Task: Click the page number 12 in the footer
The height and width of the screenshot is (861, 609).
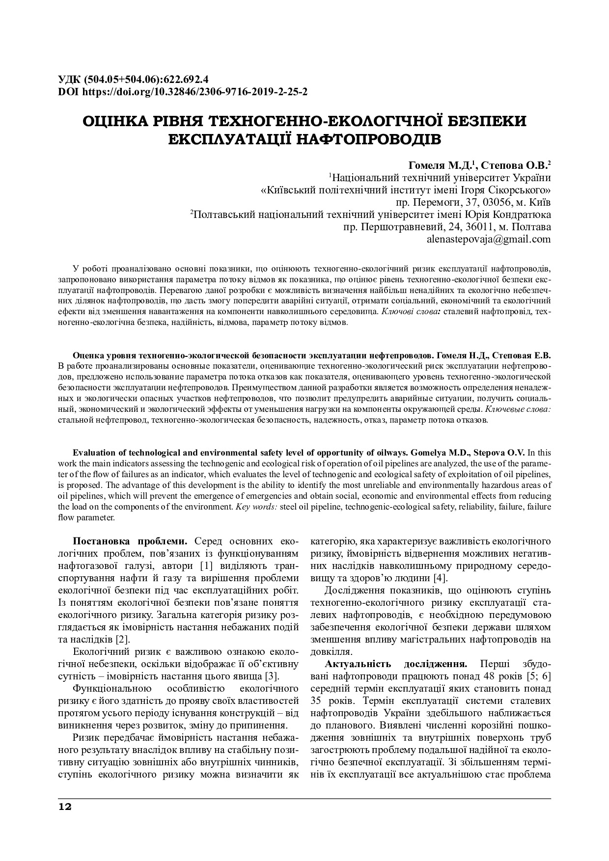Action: point(65,807)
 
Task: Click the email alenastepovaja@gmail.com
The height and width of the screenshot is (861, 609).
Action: point(489,240)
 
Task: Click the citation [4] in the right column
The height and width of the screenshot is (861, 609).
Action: point(439,578)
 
